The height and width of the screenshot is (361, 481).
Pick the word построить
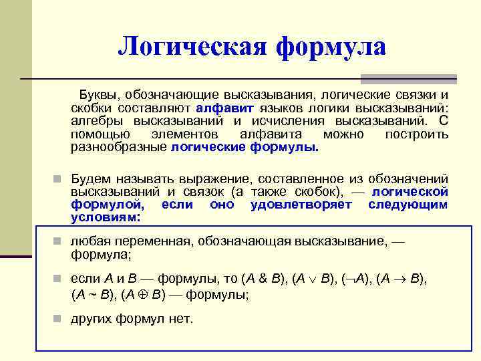417,134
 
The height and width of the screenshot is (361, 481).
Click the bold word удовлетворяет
301,205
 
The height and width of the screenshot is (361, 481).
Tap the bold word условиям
105,218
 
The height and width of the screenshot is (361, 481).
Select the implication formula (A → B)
402,280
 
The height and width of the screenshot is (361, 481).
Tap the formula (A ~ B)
94,293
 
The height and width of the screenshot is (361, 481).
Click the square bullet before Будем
59,179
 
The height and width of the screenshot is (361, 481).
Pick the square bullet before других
59,320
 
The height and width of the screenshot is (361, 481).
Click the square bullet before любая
59,241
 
